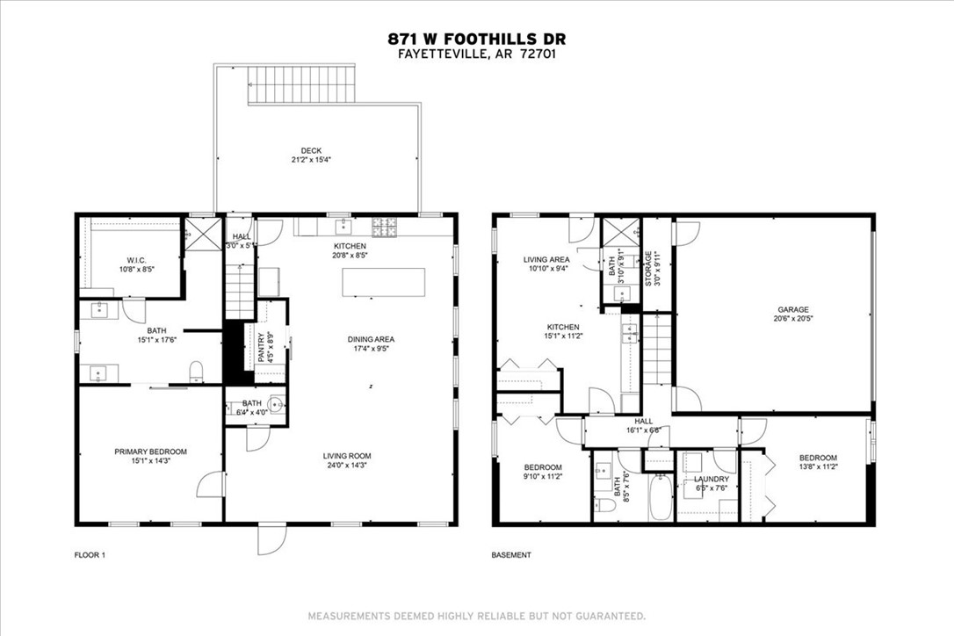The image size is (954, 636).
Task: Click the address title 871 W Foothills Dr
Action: click(x=477, y=39)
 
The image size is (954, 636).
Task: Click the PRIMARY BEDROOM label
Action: click(x=150, y=452)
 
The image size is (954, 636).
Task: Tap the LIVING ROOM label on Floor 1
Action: click(x=347, y=455)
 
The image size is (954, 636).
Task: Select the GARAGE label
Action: click(x=792, y=309)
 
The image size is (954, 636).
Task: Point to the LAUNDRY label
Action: click(x=711, y=479)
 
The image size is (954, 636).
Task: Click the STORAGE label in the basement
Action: click(x=648, y=269)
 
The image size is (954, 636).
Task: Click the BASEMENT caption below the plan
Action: click(x=511, y=555)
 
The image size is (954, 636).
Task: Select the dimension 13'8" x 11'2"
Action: click(x=817, y=467)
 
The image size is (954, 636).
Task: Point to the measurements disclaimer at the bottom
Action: click(x=476, y=615)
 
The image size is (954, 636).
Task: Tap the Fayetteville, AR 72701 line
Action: click(x=477, y=53)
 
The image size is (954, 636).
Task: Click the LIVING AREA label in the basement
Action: click(x=546, y=259)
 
